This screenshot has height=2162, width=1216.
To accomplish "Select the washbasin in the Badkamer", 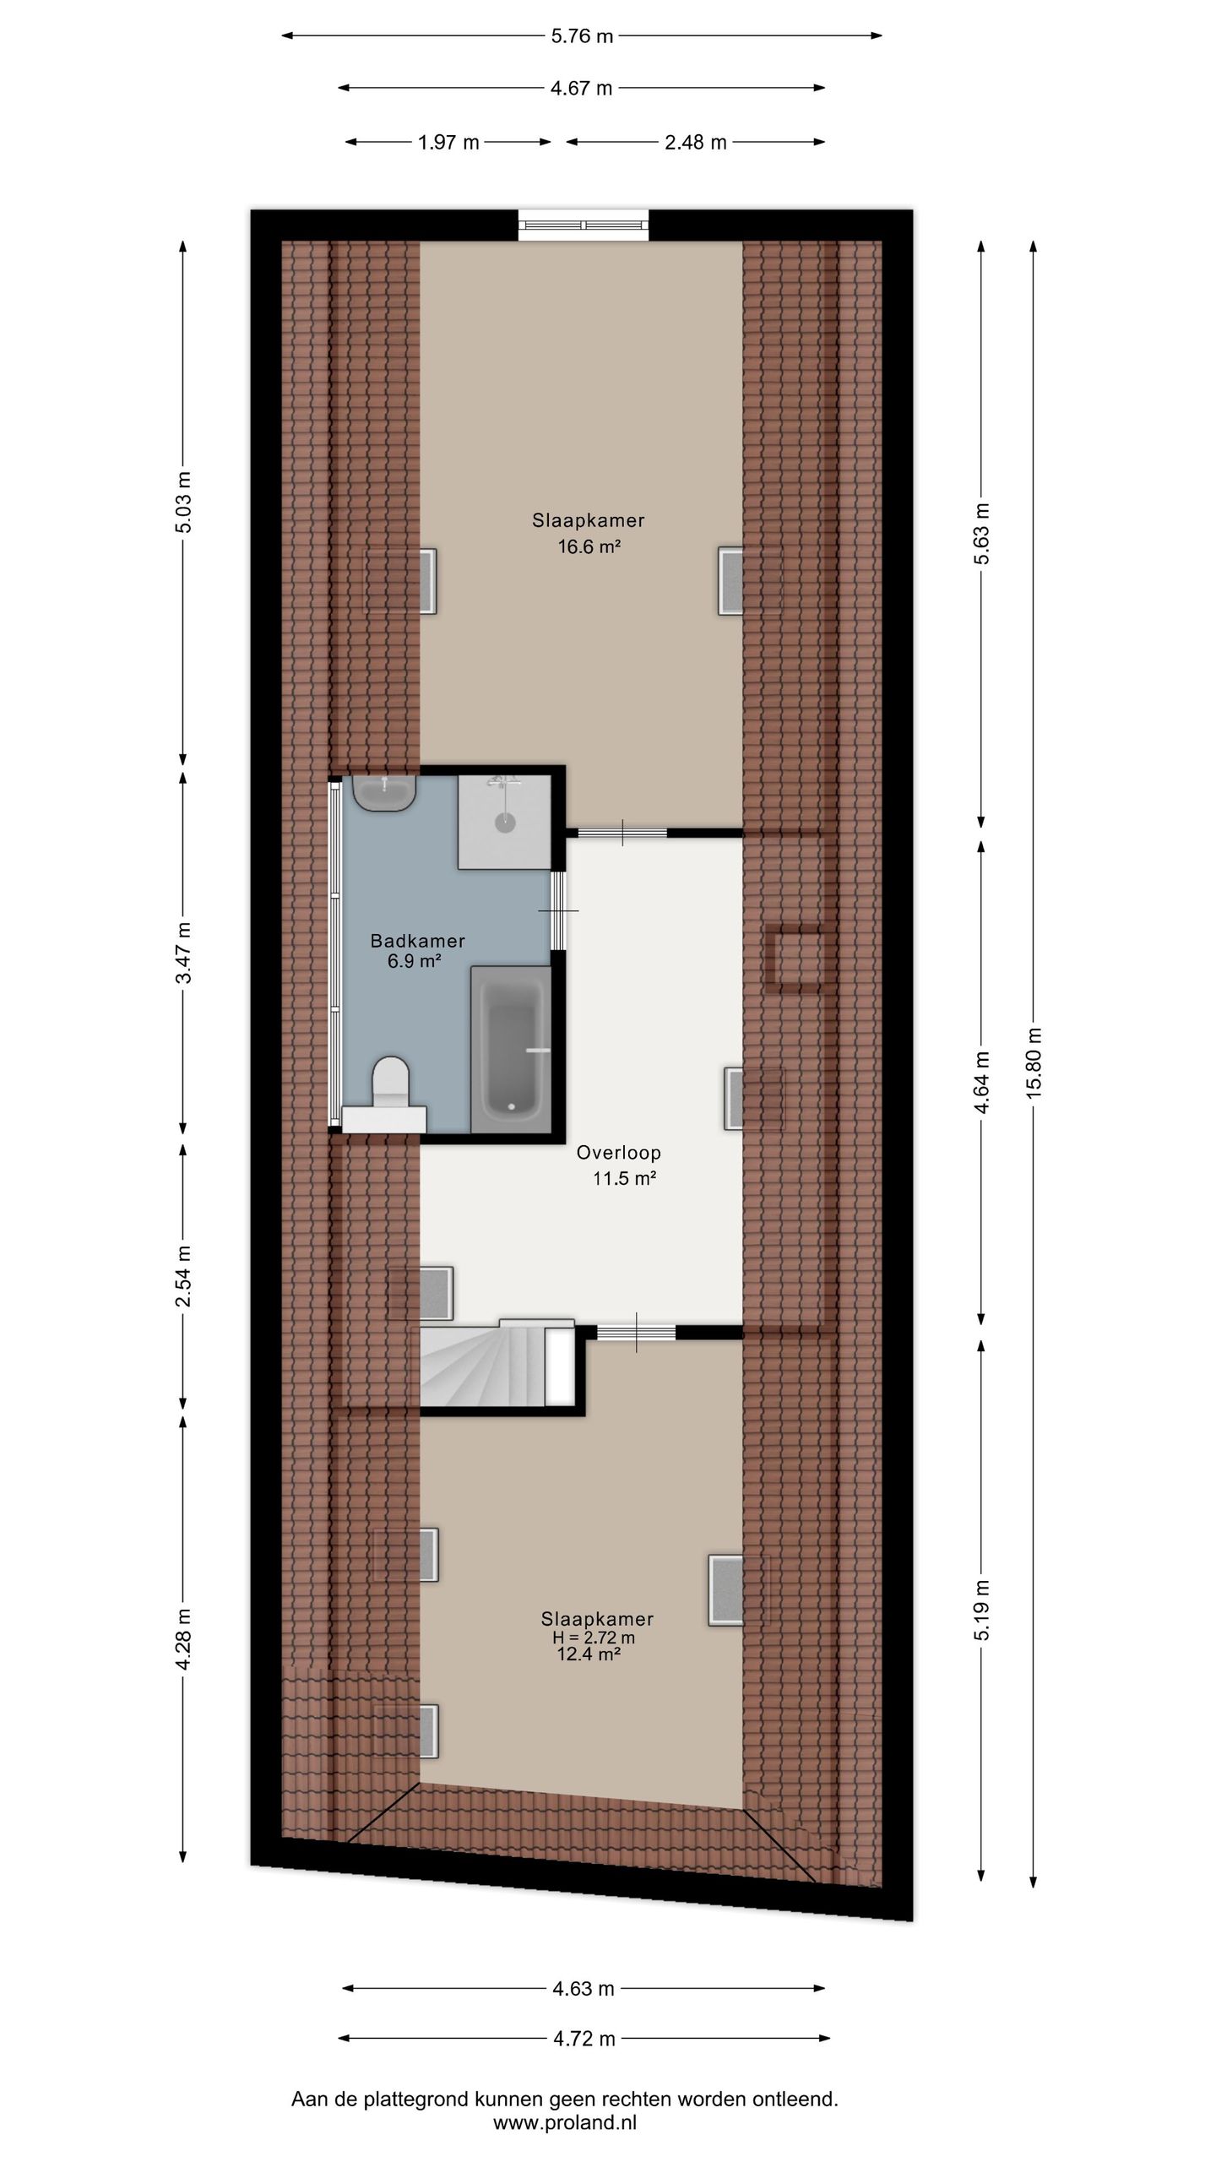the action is coord(385,793).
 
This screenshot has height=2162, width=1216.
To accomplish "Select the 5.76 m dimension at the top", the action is coord(582,36).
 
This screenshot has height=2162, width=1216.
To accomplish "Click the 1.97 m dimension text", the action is coord(448,143).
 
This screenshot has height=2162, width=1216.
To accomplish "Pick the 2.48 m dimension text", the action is coord(695,143).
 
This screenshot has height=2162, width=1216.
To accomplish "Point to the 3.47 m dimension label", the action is coord(184,952).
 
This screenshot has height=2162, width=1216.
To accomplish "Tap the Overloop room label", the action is coord(619,1153).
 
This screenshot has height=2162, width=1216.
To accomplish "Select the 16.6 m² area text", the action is coord(589,546).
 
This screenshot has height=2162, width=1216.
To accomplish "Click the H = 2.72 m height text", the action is coord(594,1638).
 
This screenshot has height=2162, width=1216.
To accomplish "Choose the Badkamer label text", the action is coord(418,941).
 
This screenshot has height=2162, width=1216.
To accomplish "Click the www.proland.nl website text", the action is coord(565,2121).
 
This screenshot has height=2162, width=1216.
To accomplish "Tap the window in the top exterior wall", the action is coord(584,224).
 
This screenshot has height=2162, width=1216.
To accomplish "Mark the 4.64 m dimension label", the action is coord(982,1083).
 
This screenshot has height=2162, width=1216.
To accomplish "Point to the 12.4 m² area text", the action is coord(589,1654).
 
